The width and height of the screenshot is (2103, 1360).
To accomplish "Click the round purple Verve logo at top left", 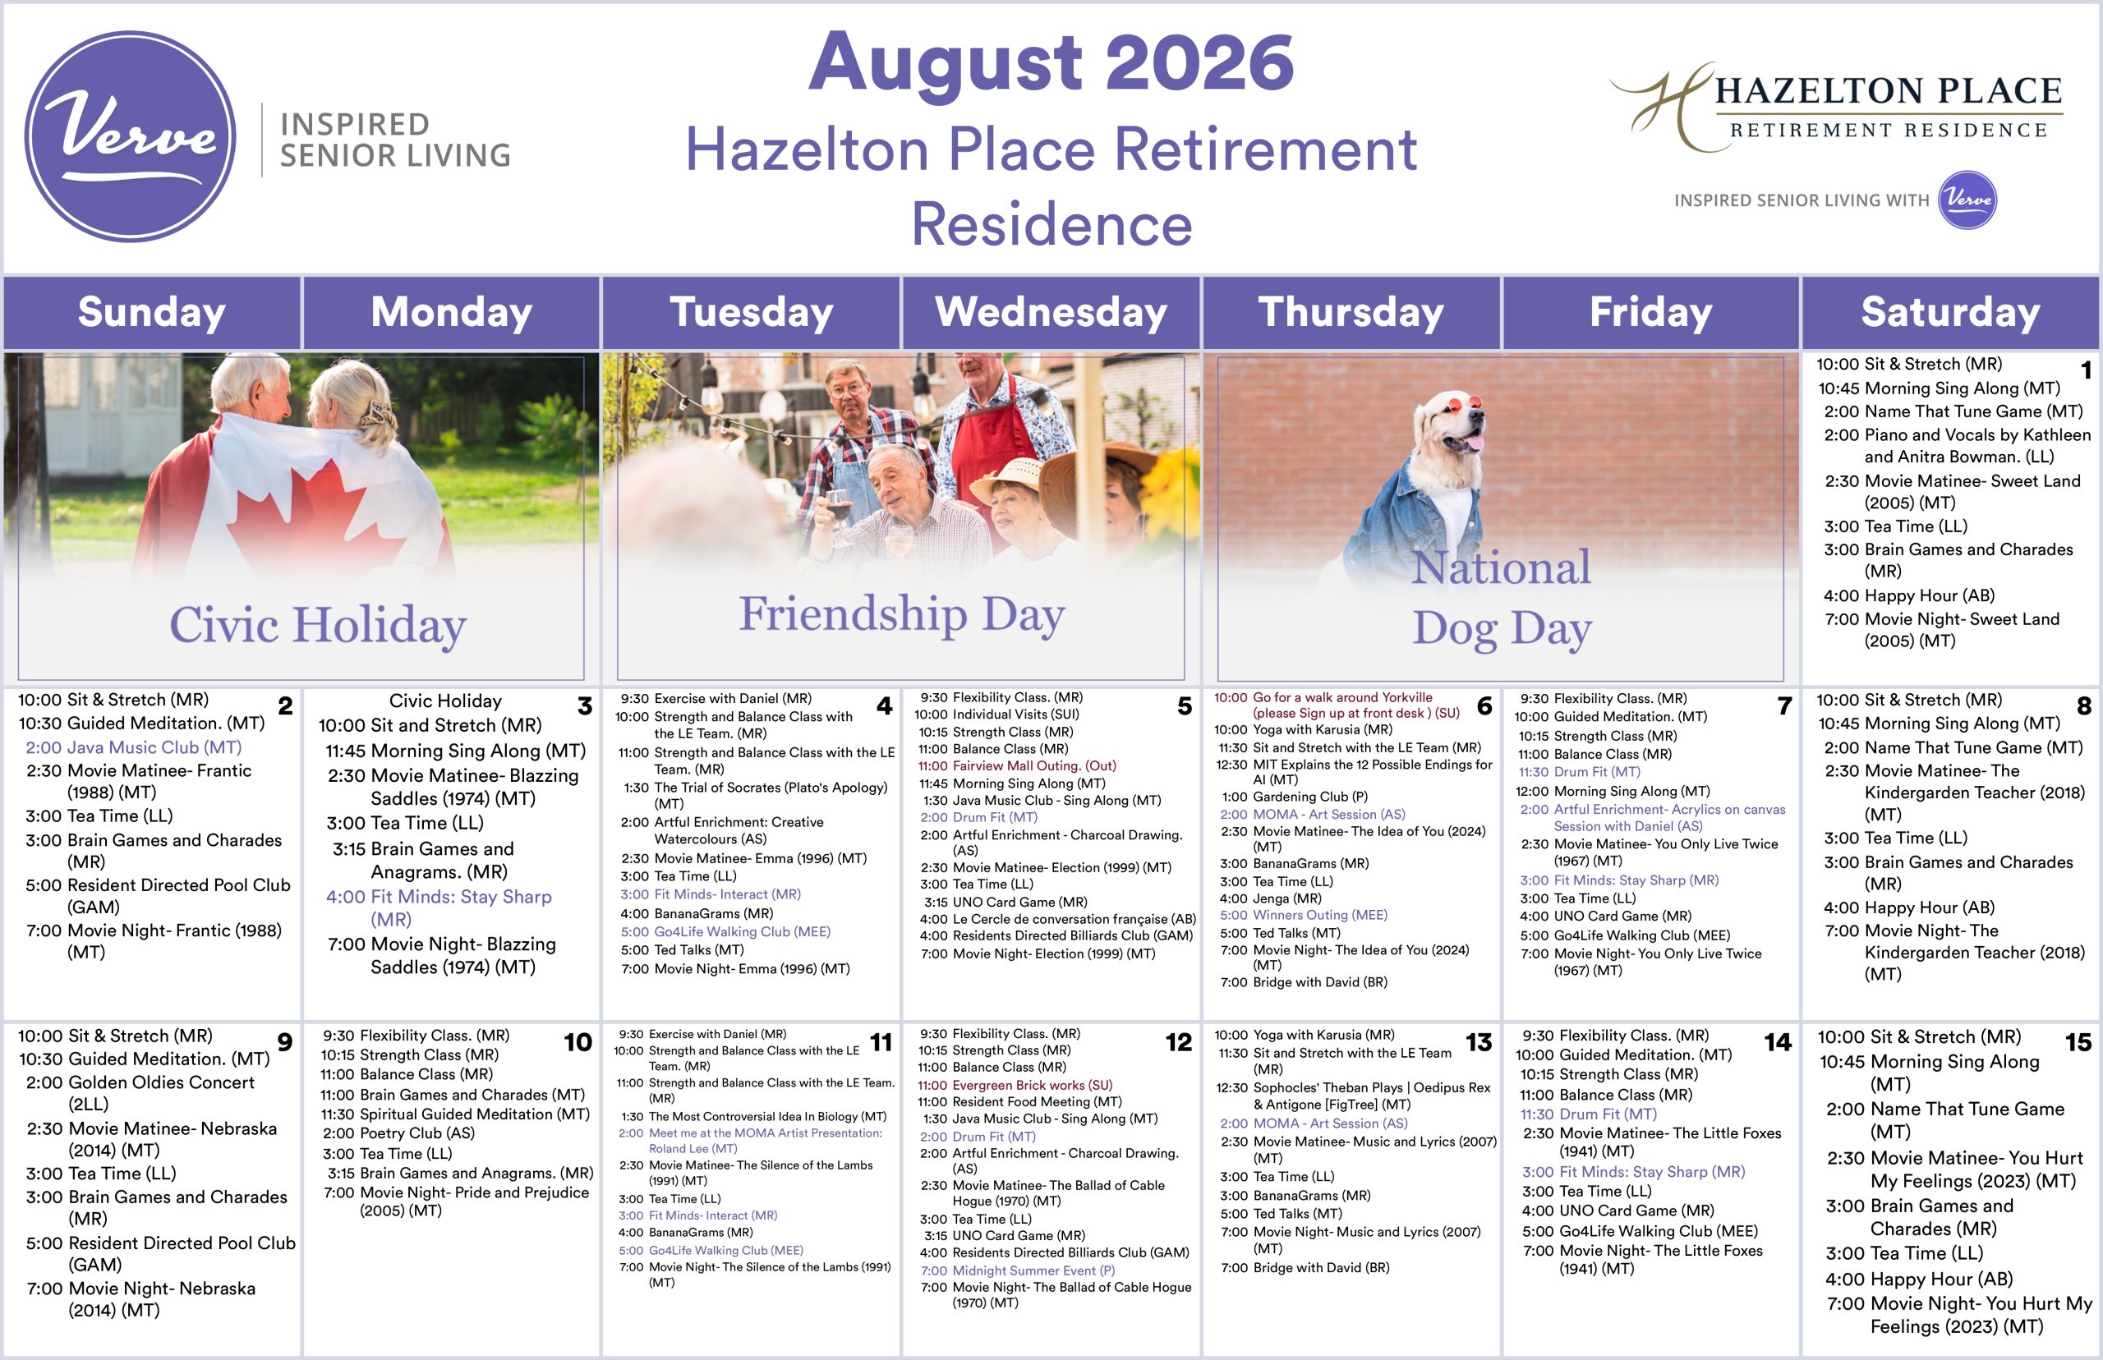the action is click(x=130, y=136).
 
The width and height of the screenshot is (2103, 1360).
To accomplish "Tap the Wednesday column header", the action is click(x=1051, y=312).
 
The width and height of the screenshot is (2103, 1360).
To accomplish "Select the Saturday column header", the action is click(x=1950, y=312).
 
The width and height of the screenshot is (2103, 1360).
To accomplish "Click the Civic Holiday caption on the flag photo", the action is click(x=318, y=624).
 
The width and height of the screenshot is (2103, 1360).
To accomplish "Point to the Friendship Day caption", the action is click(x=902, y=613).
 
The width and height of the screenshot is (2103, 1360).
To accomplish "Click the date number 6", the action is click(x=1484, y=705).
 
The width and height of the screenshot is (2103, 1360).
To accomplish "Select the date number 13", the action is click(x=1479, y=1042).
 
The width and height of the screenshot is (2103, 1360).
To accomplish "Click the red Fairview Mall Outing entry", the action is click(x=1017, y=765).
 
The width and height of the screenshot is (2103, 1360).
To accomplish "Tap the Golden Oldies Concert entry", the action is click(x=140, y=1092).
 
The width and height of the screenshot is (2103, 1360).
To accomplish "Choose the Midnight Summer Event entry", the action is click(x=1018, y=1270).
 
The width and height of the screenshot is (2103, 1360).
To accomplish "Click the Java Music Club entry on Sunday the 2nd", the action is click(x=133, y=747).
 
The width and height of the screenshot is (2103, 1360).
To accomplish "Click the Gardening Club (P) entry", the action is click(x=1295, y=797).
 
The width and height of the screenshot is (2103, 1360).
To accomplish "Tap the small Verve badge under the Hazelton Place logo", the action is click(x=1967, y=200).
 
